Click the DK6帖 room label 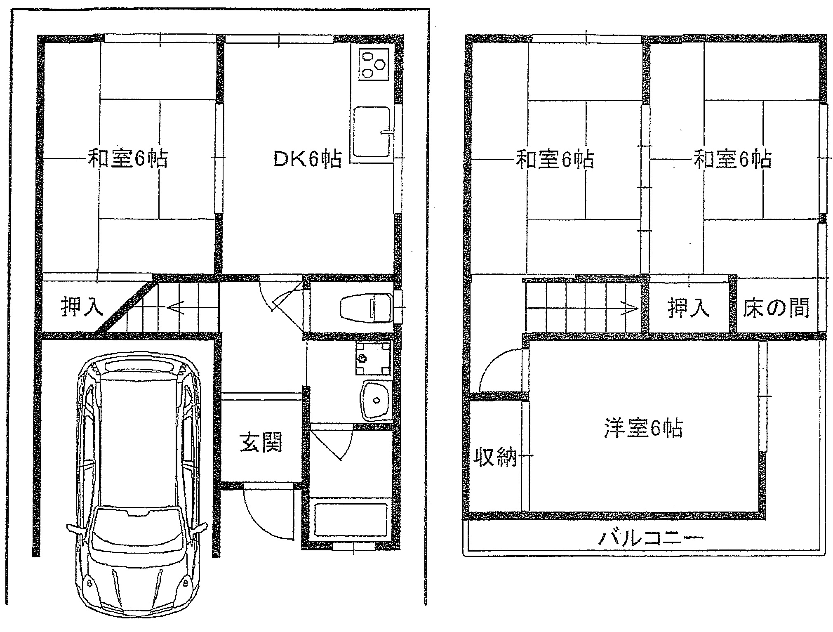point(308,159)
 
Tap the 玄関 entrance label point(261,442)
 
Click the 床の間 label point(776,308)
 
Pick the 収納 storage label point(495,456)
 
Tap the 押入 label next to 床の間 point(688,308)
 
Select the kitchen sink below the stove point(372,132)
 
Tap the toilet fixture point(366,308)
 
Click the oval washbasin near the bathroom point(376,400)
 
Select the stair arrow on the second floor point(582,308)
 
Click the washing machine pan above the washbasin point(373,357)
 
